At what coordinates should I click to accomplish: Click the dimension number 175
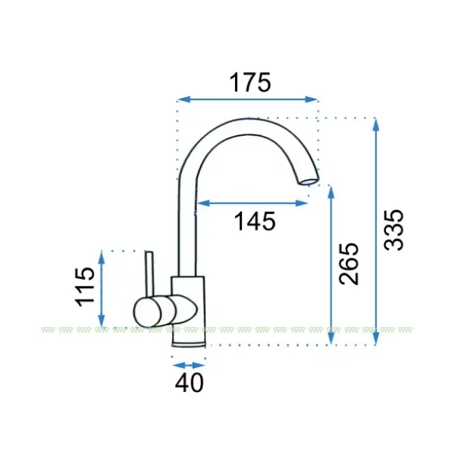tap(250, 83)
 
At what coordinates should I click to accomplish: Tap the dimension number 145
tap(255, 221)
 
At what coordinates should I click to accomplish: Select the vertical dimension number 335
tap(394, 230)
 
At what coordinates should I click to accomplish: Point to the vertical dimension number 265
tap(349, 263)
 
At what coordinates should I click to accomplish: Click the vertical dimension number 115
tap(85, 287)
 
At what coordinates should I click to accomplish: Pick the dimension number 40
tap(189, 382)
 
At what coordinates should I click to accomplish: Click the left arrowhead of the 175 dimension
tap(184, 99)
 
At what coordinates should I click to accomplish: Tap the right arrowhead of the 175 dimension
tap(312, 99)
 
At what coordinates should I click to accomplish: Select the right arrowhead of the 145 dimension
tap(301, 203)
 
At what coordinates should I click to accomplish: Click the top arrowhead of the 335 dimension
tap(376, 125)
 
